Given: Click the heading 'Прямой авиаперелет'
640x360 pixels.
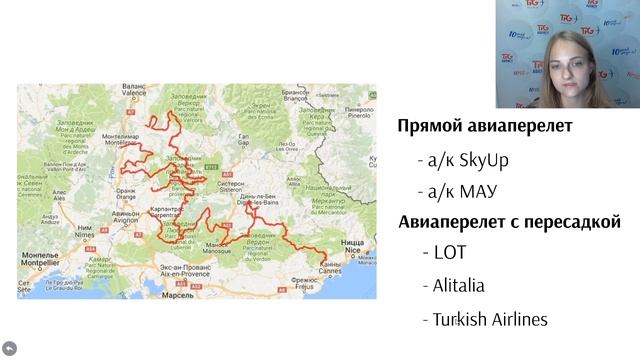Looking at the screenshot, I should (485, 126).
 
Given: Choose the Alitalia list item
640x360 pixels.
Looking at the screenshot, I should (459, 285).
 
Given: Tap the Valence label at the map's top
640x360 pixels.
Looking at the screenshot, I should (133, 88).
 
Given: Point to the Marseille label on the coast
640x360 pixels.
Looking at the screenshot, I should (171, 296).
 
